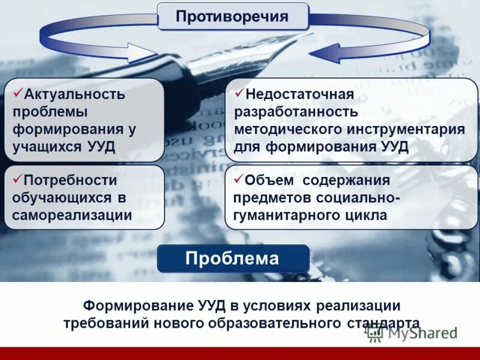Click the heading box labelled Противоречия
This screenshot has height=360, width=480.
(233, 16)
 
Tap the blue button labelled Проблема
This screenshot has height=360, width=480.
(233, 259)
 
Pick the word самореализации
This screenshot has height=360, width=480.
(72, 215)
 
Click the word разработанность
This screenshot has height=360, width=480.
(296, 112)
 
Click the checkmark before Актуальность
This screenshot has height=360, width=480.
(17, 92)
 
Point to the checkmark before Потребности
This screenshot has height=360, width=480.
(17, 178)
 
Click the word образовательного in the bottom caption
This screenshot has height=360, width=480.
(280, 323)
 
